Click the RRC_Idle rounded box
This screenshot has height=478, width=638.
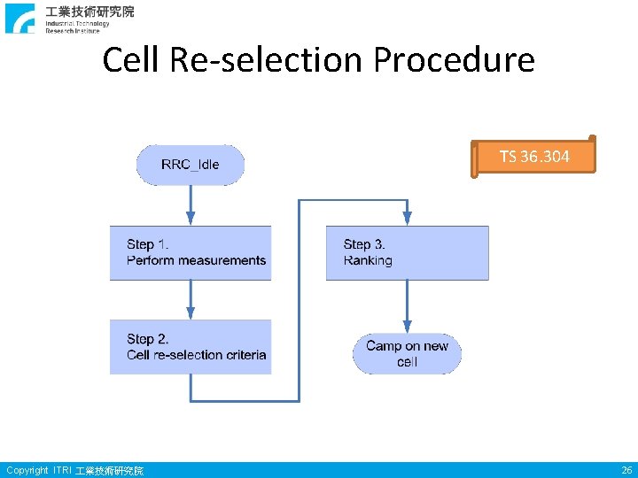click(x=190, y=165)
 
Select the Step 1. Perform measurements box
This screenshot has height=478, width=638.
click(x=191, y=253)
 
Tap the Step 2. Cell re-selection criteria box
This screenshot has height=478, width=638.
click(x=191, y=347)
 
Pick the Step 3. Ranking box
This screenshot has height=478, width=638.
click(x=407, y=253)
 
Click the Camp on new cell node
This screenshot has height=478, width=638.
click(x=407, y=354)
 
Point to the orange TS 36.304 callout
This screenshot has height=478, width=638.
click(x=534, y=158)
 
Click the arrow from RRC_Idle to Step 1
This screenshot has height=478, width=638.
click(x=190, y=205)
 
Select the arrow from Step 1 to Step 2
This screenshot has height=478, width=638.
click(x=190, y=300)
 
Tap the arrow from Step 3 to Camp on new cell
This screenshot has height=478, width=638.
click(x=407, y=306)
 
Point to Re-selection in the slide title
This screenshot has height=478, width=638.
click(x=267, y=60)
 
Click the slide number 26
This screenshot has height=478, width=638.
click(x=626, y=470)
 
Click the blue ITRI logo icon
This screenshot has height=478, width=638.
click(x=20, y=18)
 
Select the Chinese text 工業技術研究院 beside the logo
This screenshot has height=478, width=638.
click(x=90, y=12)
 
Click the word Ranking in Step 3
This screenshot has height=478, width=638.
click(x=368, y=260)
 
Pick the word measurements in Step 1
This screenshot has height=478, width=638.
click(x=222, y=260)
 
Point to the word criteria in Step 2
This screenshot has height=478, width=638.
click(x=245, y=355)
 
